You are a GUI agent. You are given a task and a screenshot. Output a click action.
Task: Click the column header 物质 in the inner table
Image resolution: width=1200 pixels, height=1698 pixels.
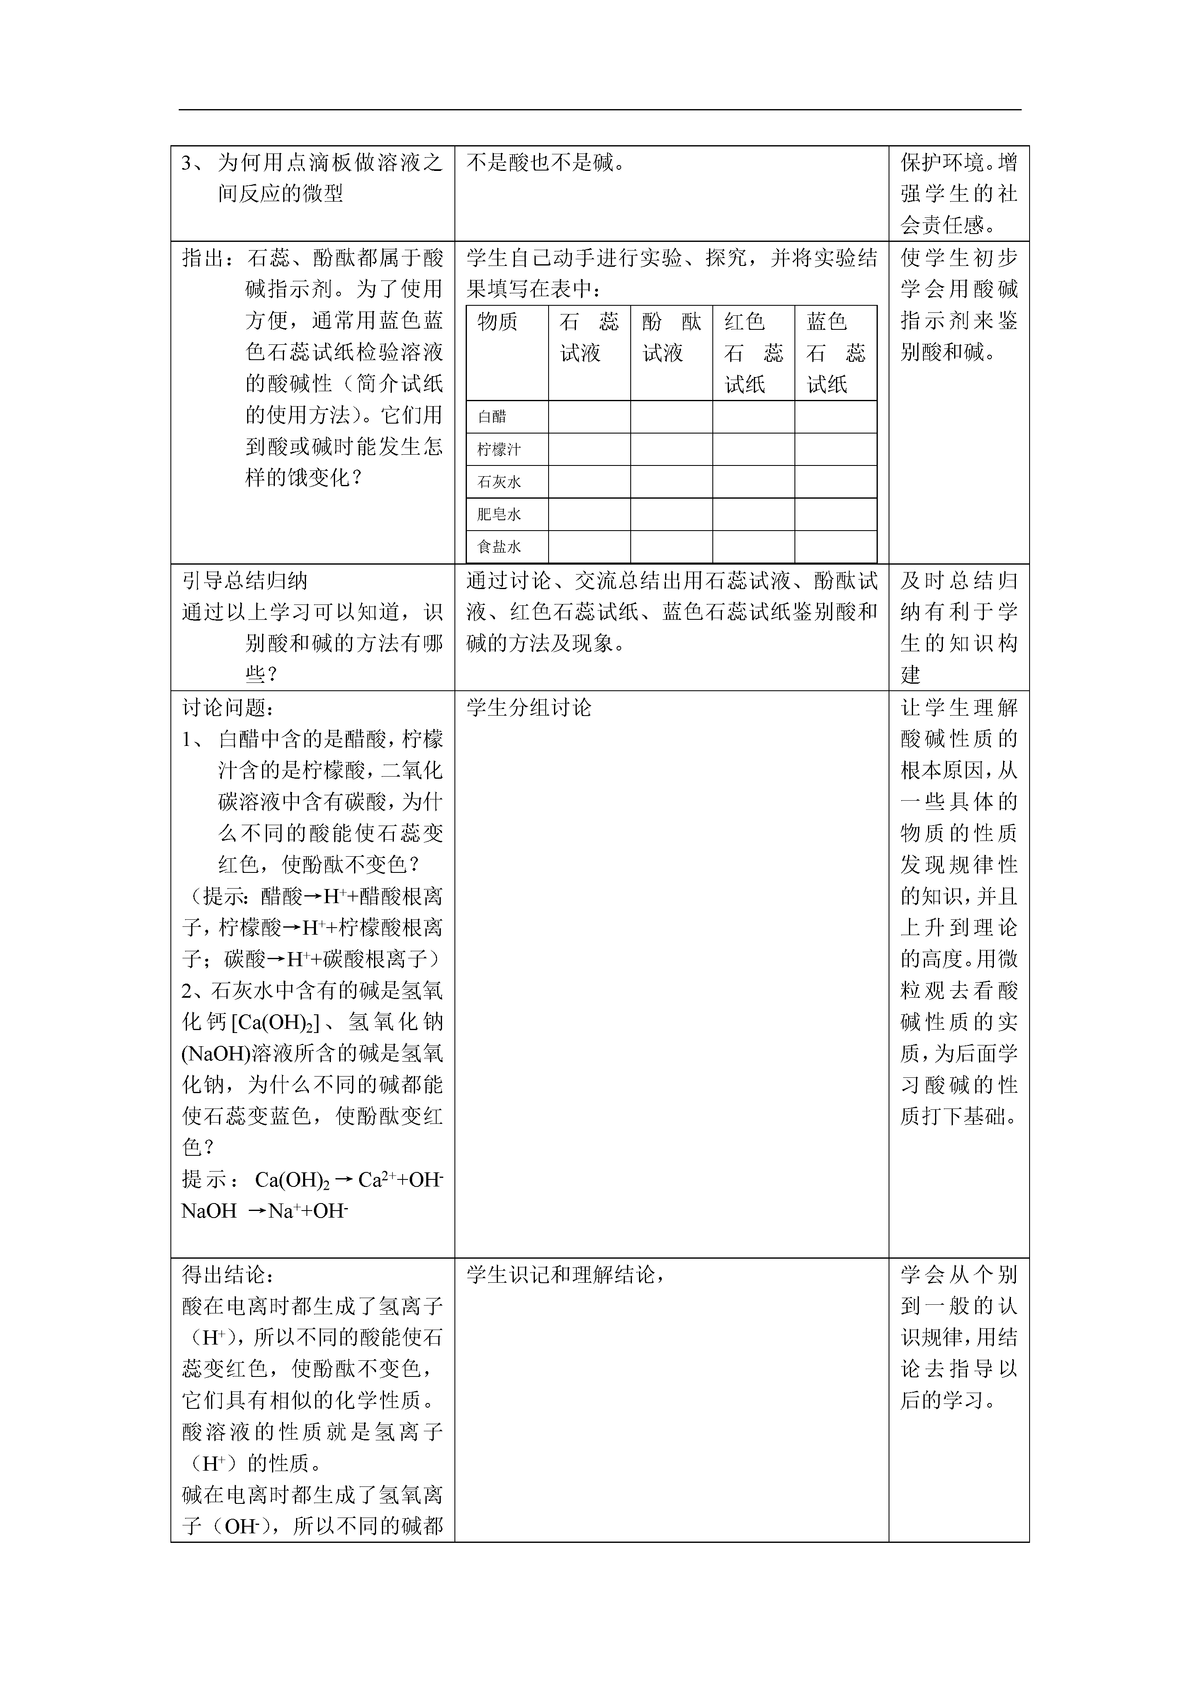(498, 322)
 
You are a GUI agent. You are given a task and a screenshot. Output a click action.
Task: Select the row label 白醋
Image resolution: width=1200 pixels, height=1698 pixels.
(492, 417)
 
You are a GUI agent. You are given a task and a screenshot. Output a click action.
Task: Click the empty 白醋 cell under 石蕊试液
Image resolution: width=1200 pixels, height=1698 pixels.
(589, 417)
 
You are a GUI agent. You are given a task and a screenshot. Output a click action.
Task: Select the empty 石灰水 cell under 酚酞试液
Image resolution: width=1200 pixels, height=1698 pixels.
(671, 482)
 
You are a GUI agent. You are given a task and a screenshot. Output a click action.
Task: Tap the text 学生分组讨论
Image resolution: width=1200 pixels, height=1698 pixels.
(530, 708)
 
